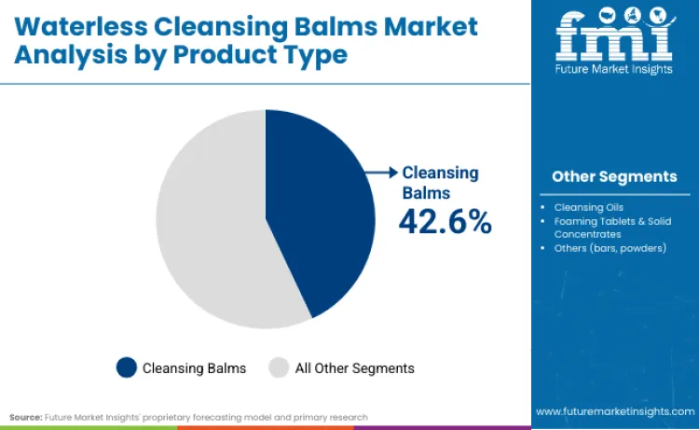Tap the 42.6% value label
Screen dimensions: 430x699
pyautogui.click(x=445, y=221)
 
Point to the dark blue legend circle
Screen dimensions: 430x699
pyautogui.click(x=126, y=368)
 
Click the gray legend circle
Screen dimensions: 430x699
pyautogui.click(x=279, y=368)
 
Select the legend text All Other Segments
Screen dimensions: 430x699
pyautogui.click(x=354, y=368)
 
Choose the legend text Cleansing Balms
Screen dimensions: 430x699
pyautogui.click(x=194, y=368)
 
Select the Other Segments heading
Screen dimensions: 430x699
pyautogui.click(x=614, y=176)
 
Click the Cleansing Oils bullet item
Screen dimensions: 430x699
pyautogui.click(x=589, y=206)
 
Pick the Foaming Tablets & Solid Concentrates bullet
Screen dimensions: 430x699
pyautogui.click(x=611, y=228)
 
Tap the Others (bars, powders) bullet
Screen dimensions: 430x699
pyautogui.click(x=610, y=248)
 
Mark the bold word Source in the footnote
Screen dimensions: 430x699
pyautogui.click(x=24, y=416)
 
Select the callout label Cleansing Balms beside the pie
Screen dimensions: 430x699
pyautogui.click(x=439, y=183)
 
